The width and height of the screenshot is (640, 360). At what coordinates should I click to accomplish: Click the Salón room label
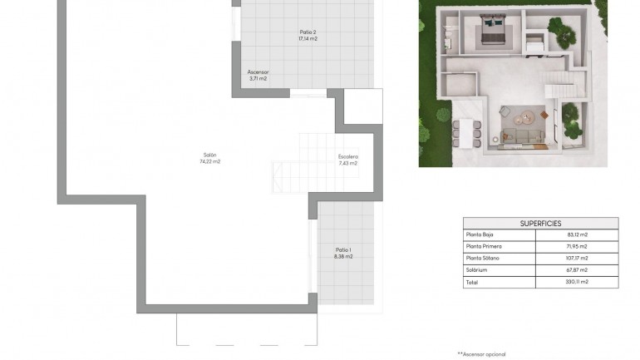click(x=209, y=155)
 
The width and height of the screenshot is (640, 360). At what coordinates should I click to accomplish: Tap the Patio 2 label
click(x=308, y=32)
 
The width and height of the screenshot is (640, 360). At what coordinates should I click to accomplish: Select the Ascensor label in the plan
click(x=258, y=72)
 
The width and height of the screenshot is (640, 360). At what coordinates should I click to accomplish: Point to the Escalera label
click(x=347, y=156)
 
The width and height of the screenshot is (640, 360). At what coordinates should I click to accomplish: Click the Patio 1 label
click(x=343, y=249)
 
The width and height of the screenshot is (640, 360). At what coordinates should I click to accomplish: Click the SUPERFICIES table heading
click(x=540, y=223)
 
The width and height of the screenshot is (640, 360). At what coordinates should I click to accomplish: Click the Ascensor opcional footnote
click(x=481, y=354)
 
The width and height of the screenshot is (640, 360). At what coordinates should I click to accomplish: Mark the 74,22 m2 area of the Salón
click(x=209, y=162)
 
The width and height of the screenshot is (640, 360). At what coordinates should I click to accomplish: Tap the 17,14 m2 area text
click(x=308, y=38)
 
